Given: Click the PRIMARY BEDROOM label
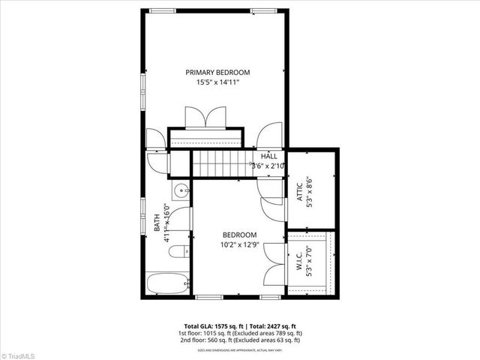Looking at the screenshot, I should coord(217,72).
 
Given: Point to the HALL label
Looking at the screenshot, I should coord(268,156).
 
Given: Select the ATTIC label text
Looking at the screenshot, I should coord(298,186).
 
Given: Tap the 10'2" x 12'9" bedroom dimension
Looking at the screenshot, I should coord(239,244).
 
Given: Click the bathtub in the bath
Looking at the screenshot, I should coord(165,285).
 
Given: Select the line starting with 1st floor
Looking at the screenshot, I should coord(240,332).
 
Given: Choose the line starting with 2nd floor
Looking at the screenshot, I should coord(240,340).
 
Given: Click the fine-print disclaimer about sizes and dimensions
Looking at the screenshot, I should coord(240,349).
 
